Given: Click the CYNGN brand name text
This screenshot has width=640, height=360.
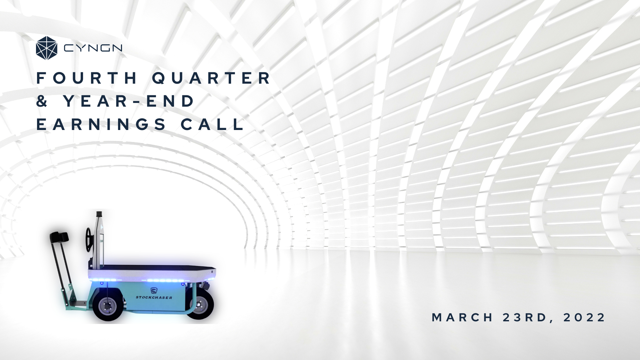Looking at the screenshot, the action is pos(93,49).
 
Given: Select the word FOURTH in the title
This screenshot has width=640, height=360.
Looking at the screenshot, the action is pos(87,78).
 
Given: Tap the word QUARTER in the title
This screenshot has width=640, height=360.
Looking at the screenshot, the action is pos(212,78).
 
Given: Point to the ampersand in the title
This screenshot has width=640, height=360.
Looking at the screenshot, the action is pos(42,101).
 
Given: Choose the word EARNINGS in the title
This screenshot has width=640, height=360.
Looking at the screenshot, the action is pos(101,124).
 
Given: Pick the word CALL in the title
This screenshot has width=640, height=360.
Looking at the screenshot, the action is pos(212,124).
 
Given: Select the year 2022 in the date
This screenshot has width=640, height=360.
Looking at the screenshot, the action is pos(584,317).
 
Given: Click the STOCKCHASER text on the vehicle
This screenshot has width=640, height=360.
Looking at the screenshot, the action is pos(154,297).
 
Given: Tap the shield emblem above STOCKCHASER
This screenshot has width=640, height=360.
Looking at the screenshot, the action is pos(154,290).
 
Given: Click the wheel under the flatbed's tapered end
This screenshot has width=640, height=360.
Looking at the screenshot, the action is pos(200,305).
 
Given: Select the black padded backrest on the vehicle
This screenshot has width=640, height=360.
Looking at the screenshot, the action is pos(60,237).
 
